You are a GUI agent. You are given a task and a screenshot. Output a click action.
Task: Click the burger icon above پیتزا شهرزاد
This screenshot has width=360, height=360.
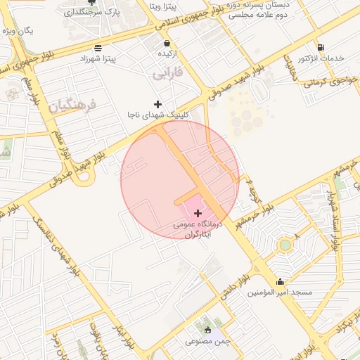[x=96, y=48]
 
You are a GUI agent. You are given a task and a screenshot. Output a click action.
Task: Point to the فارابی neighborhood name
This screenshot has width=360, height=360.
[x=169, y=72]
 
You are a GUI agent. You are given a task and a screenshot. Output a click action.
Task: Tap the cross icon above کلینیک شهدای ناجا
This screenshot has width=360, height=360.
[x=157, y=104]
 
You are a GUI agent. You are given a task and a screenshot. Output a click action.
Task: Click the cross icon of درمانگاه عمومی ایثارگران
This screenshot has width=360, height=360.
[x=197, y=212]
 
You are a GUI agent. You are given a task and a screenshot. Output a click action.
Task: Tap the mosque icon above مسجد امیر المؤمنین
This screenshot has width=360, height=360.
[x=281, y=281]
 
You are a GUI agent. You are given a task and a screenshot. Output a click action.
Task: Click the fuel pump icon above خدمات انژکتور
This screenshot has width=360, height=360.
[x=321, y=46]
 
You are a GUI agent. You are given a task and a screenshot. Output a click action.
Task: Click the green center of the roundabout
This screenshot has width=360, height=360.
[x=285, y=245]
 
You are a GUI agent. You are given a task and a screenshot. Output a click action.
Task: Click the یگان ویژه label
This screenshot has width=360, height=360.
[x=18, y=32]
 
